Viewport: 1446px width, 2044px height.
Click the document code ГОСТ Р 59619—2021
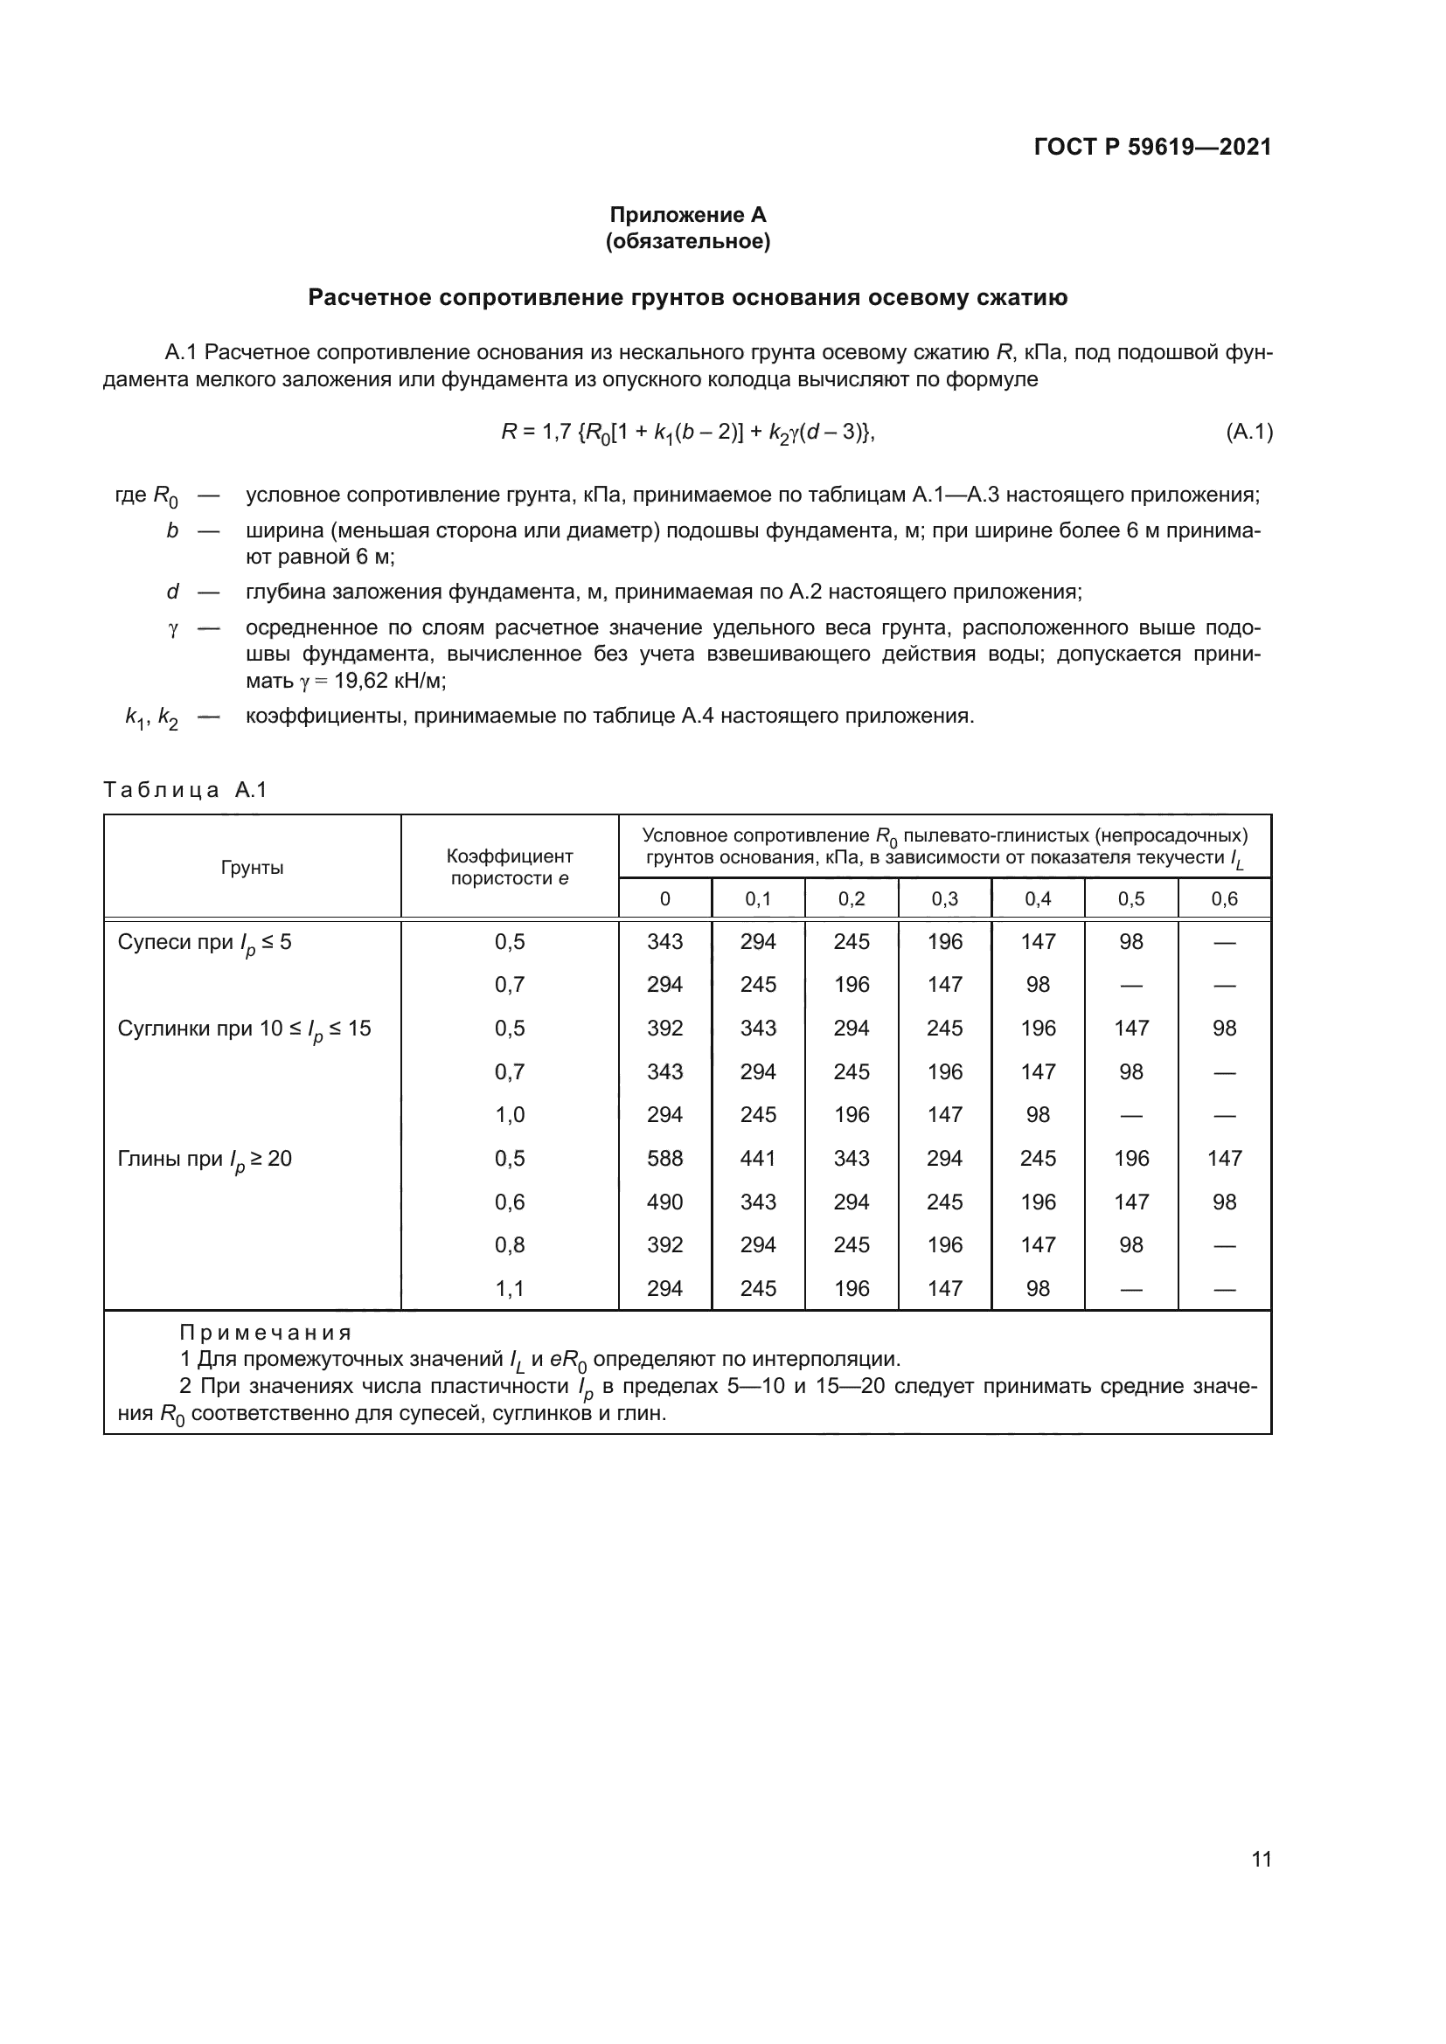tap(1152, 147)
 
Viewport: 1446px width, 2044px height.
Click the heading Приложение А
tap(687, 215)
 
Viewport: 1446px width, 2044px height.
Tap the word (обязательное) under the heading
tap(687, 241)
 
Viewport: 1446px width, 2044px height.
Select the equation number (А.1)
tap(1248, 433)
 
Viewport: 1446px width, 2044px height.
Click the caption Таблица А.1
tap(185, 790)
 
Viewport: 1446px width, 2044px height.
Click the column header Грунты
tap(252, 867)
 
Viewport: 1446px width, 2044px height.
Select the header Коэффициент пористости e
tap(510, 867)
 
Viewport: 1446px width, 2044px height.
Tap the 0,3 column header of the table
tap(944, 899)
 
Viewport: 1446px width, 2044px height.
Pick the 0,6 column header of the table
tap(1223, 899)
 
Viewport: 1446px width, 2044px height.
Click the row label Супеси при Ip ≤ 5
tap(204, 943)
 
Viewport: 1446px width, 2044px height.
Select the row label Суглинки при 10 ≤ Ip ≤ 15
tap(244, 1029)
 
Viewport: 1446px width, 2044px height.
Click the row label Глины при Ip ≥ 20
tap(204, 1159)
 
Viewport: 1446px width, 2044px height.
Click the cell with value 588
tap(664, 1158)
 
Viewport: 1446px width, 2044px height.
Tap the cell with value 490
tap(664, 1202)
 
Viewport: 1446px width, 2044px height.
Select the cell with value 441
tap(758, 1158)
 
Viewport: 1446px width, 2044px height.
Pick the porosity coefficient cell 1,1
tap(510, 1288)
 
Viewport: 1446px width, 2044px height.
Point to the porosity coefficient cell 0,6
tap(510, 1202)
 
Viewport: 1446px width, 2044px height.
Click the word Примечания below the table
tap(266, 1333)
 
